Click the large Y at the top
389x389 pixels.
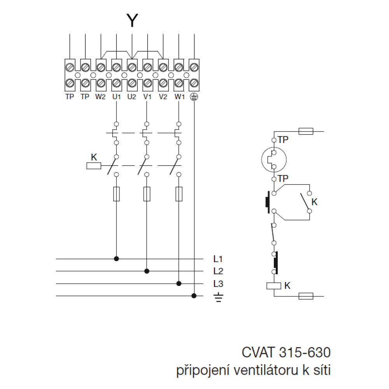pyautogui.click(x=132, y=21)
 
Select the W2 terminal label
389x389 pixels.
pyautogui.click(x=100, y=97)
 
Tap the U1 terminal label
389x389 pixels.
pyautogui.click(x=116, y=97)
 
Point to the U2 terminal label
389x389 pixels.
pyautogui.click(x=131, y=97)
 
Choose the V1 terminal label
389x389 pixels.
pyautogui.click(x=147, y=97)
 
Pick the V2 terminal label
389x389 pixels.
pyautogui.click(x=163, y=97)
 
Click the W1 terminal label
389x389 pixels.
pyautogui.click(x=179, y=97)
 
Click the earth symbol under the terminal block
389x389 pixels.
pyautogui.click(x=194, y=97)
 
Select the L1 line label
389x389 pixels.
pyautogui.click(x=218, y=258)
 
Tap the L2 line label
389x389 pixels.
pyautogui.click(x=218, y=271)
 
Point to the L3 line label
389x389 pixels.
pyautogui.click(x=218, y=283)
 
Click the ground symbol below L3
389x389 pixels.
pyautogui.click(x=218, y=298)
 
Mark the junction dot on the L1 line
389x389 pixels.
pyautogui.click(x=116, y=258)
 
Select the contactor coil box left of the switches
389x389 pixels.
pyautogui.click(x=93, y=166)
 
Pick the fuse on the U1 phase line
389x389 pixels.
pyautogui.click(x=116, y=194)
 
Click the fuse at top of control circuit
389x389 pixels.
pyautogui.click(x=306, y=131)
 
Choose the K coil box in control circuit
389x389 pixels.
pyautogui.click(x=274, y=286)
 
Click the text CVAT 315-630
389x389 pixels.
pyautogui.click(x=286, y=352)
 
